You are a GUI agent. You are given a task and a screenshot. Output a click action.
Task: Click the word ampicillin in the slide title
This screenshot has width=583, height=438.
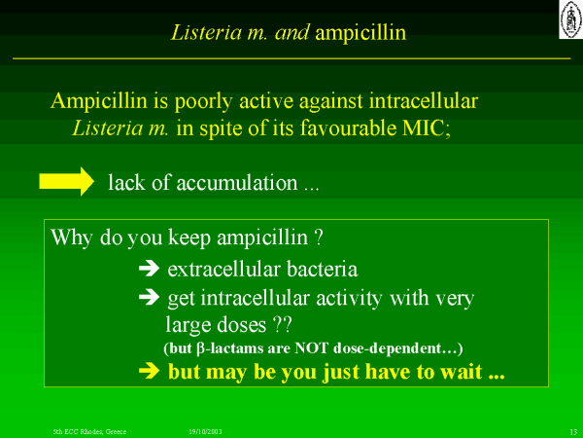click(360, 33)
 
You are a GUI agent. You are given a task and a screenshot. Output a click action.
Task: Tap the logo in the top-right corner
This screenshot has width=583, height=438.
click(570, 19)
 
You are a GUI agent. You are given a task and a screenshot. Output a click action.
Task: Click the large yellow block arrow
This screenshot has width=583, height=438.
click(66, 181)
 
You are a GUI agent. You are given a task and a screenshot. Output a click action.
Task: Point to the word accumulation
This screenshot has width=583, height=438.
click(237, 183)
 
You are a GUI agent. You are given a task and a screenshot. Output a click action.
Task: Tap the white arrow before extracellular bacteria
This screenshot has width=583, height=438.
click(149, 269)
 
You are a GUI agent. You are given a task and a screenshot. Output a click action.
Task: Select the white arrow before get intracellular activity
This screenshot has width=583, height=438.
click(149, 297)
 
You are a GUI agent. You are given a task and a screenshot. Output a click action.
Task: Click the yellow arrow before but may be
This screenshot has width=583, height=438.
click(149, 371)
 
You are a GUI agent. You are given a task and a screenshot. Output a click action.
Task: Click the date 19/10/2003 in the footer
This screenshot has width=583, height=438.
click(205, 431)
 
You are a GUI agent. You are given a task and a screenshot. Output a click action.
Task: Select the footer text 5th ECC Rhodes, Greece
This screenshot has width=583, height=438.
click(89, 431)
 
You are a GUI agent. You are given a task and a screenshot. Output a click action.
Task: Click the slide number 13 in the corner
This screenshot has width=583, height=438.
click(573, 432)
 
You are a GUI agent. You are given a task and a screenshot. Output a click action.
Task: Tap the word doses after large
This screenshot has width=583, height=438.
click(241, 325)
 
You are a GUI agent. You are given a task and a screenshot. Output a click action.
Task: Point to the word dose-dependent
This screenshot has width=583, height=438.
click(387, 348)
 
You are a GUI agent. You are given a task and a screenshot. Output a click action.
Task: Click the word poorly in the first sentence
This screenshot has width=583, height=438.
click(204, 101)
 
